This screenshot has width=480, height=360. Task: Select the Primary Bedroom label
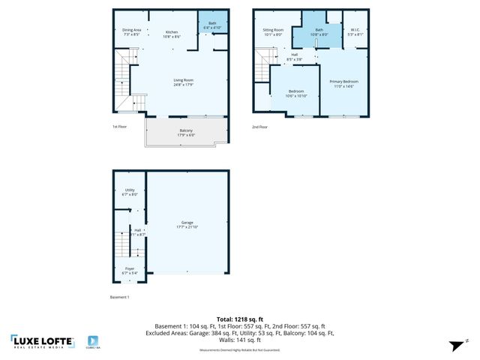click(x=343, y=82)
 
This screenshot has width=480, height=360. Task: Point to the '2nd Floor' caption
click(x=259, y=127)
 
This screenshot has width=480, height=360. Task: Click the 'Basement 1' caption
click(x=120, y=297)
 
